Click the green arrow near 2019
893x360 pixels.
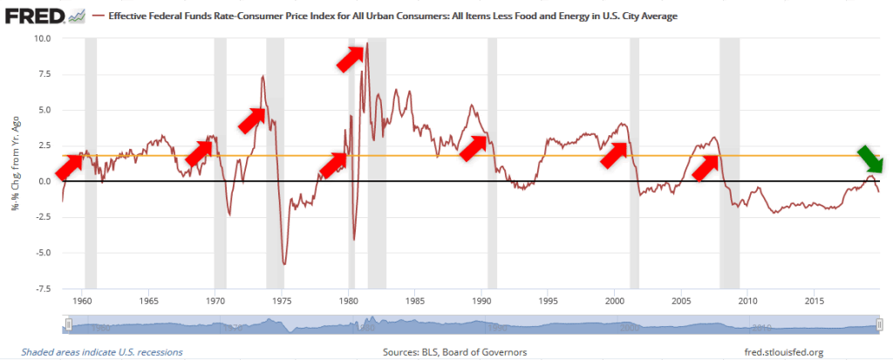tap(869, 160)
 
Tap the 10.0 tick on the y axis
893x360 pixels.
tap(42, 38)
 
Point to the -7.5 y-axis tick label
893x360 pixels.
tap(41, 289)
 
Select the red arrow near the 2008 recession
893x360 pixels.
tap(707, 166)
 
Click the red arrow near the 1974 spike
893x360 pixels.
tap(253, 119)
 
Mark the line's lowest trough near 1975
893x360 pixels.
tap(284, 262)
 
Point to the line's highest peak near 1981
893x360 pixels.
tap(367, 44)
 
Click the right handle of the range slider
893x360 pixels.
tap(878, 325)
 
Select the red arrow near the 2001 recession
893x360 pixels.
tap(615, 152)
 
